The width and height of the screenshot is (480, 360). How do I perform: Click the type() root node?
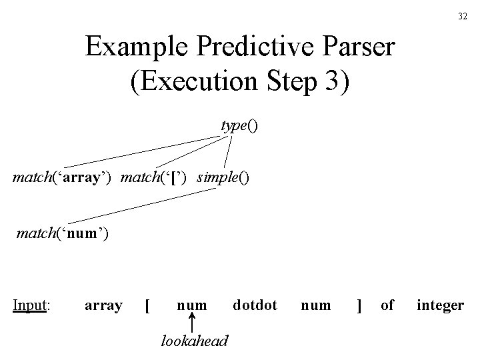coord(239,126)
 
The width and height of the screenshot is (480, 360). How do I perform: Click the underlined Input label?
coord(33,305)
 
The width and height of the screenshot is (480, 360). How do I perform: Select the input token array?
coord(103,305)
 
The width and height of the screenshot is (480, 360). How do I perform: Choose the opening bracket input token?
coord(147,306)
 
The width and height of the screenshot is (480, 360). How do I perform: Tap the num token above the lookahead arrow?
coord(191,306)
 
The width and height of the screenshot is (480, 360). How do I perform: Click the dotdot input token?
coord(255,305)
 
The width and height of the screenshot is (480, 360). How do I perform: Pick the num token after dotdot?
coord(315,306)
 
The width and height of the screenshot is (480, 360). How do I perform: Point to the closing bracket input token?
coord(359,306)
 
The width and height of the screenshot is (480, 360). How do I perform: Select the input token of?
coord(387,305)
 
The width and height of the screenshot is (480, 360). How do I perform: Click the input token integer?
coord(440,306)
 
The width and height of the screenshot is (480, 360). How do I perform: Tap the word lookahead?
coord(194,341)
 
